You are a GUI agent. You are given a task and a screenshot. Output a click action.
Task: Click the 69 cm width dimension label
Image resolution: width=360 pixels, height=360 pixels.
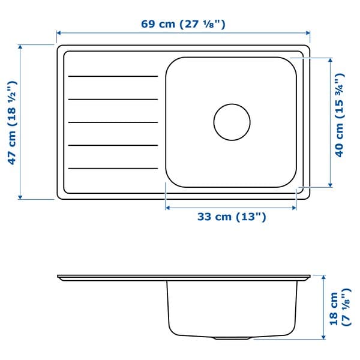click(183, 25)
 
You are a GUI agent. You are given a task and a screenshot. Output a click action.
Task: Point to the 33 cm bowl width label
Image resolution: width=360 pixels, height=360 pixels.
click(231, 217)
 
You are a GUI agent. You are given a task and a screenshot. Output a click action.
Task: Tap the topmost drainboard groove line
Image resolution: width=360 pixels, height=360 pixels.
click(112, 76)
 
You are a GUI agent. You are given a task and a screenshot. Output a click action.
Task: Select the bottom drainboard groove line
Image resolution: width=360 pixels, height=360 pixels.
click(112, 168)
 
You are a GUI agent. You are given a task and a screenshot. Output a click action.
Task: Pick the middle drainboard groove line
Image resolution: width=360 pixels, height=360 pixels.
click(112, 122)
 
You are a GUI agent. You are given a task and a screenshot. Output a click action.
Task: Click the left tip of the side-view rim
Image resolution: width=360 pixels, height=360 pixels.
click(59, 277)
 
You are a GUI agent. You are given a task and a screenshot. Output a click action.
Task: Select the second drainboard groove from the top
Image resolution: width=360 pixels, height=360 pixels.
click(112, 99)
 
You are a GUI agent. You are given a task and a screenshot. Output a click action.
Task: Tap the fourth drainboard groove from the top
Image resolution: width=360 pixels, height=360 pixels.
click(112, 145)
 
